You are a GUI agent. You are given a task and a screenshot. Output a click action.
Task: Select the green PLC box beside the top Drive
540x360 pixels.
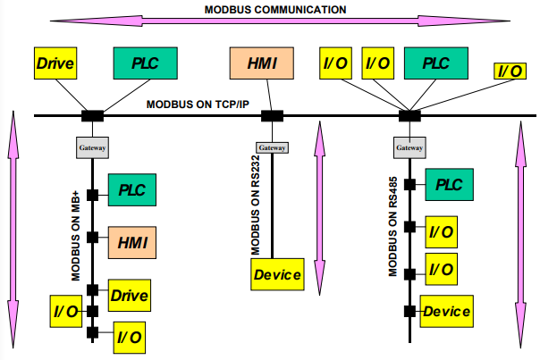click(x=139, y=64)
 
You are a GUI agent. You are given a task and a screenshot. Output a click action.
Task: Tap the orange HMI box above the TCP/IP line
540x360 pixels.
click(x=256, y=63)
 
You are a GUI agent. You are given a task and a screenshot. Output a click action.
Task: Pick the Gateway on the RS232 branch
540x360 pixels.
click(x=272, y=147)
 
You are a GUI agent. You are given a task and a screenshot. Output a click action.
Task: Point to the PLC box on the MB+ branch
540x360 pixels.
click(x=132, y=189)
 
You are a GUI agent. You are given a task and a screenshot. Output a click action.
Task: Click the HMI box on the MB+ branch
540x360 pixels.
click(x=132, y=240)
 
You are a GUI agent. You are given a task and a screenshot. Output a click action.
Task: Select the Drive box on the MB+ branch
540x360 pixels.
click(x=129, y=293)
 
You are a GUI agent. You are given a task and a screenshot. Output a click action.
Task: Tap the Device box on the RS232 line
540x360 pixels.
click(x=277, y=274)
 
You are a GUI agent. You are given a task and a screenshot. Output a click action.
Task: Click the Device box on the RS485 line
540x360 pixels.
click(x=447, y=312)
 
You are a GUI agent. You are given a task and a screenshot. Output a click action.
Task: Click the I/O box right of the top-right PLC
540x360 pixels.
click(x=510, y=71)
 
